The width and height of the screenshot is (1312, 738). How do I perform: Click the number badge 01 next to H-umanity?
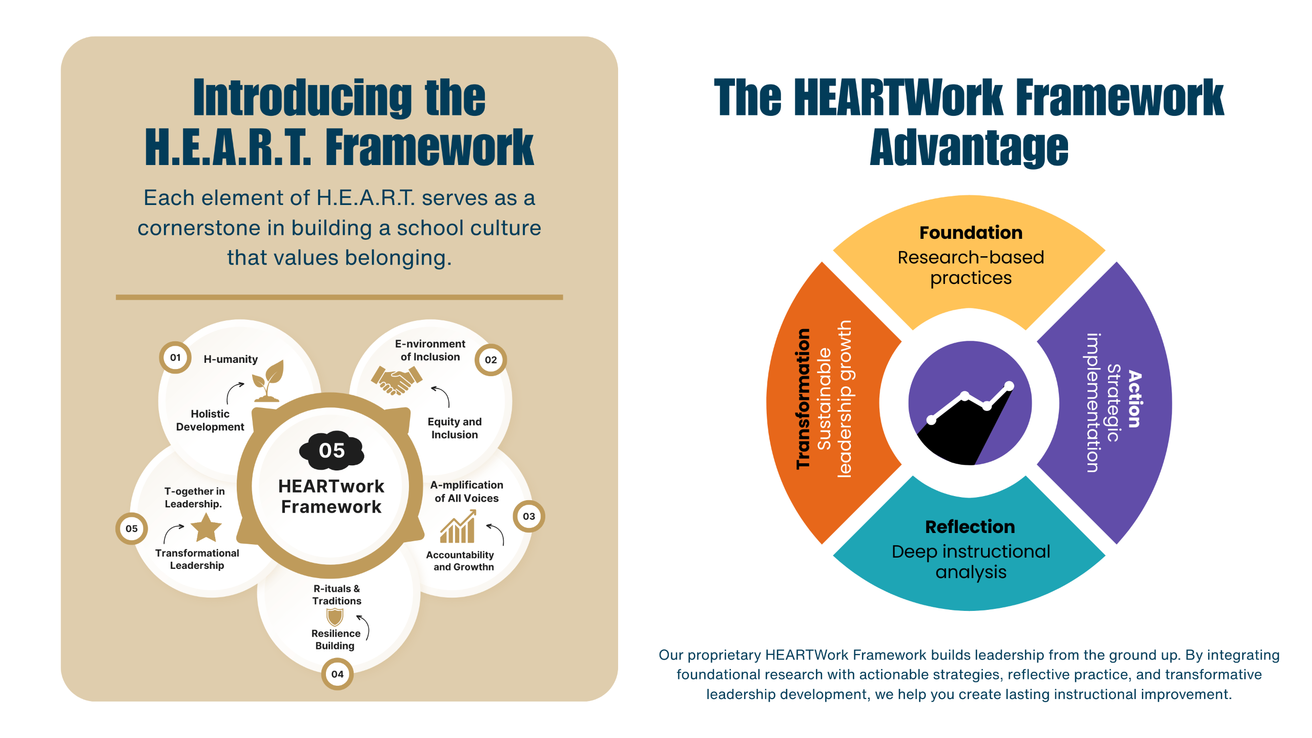(x=175, y=357)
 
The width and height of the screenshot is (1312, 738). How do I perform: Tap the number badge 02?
(x=490, y=360)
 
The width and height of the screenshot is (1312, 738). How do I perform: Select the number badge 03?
(x=528, y=516)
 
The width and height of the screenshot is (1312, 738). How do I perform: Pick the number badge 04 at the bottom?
(x=337, y=674)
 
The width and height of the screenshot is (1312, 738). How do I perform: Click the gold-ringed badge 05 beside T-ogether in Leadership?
(x=132, y=528)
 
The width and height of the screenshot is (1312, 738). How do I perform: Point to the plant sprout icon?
(x=268, y=380)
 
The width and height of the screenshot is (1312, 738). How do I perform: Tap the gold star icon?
(x=206, y=527)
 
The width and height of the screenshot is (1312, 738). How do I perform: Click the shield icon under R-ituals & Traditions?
(x=335, y=617)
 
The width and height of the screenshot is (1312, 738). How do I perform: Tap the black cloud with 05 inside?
(x=332, y=450)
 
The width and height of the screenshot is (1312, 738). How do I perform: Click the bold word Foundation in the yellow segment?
(x=971, y=233)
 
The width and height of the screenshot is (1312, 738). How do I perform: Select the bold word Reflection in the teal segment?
(x=970, y=527)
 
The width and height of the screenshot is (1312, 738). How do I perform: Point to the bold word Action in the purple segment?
(x=1135, y=399)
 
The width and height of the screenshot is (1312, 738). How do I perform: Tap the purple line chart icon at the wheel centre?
(x=970, y=403)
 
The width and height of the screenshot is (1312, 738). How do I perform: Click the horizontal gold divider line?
(x=339, y=297)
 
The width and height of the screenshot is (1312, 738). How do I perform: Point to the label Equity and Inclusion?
(x=455, y=428)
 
